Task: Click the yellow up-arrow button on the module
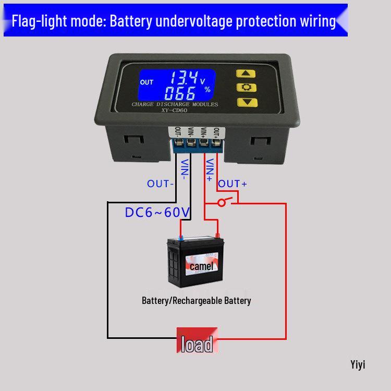243,74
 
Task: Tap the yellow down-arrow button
243,102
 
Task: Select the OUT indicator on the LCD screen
147,82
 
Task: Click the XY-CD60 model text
175,111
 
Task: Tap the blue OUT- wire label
160,184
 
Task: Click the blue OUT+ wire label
233,184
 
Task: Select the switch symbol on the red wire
223,202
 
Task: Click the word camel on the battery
201,266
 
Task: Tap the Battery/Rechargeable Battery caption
197,301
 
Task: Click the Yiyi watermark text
358,364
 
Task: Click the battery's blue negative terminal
181,238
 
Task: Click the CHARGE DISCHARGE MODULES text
175,104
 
